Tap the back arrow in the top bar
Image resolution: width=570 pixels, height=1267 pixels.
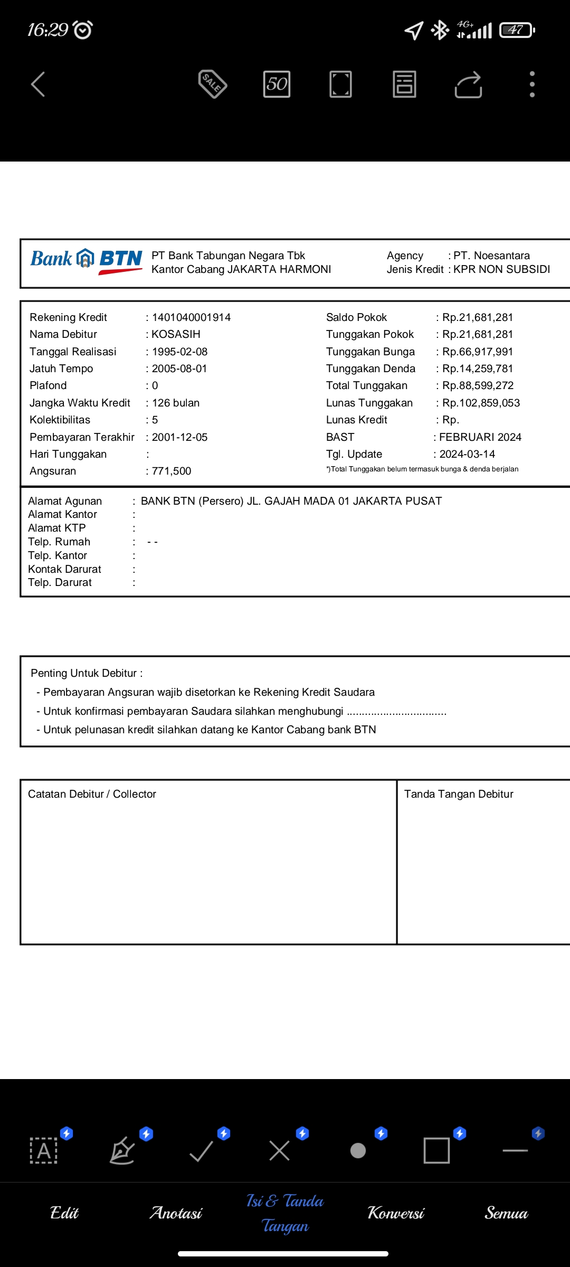coord(38,84)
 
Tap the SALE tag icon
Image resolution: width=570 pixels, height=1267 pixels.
coord(213,84)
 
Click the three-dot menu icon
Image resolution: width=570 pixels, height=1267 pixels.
coord(532,84)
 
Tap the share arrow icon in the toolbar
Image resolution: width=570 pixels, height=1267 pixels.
coord(468,84)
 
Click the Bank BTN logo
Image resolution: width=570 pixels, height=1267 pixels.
coord(87,261)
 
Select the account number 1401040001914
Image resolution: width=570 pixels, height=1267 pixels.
coord(191,317)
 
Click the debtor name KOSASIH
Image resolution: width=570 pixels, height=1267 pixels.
coord(176,334)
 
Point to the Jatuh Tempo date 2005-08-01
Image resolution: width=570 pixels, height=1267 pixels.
coord(179,368)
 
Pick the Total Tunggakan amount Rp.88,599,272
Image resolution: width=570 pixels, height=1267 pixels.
coord(478,385)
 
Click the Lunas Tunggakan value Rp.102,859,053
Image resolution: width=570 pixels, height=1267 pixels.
coord(481,403)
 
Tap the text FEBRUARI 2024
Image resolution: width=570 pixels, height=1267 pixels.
coord(480,437)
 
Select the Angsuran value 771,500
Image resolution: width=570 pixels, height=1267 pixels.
coord(172,471)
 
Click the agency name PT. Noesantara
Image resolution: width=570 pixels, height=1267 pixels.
coord(491,256)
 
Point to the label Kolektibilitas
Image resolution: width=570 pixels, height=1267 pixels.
coord(60,420)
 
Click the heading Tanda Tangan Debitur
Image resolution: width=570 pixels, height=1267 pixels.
coord(459,794)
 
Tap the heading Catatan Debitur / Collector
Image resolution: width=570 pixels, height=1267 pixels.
coord(92,794)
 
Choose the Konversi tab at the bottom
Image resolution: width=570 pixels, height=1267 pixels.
coord(396,1213)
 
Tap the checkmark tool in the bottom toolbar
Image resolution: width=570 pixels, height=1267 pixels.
coord(201,1151)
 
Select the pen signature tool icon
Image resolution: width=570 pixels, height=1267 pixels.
coord(122,1151)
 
